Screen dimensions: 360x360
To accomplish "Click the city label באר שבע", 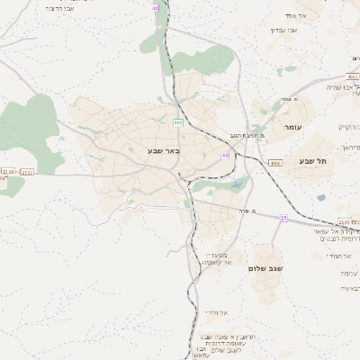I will click(x=164, y=150).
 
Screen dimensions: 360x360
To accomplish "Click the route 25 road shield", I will click(x=284, y=218).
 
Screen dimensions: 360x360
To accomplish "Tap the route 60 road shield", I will click(x=225, y=155).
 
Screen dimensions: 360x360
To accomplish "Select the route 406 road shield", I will click(x=178, y=122).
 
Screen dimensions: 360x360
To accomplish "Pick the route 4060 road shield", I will click(x=275, y=163).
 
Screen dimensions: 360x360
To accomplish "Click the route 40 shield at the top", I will click(x=156, y=7).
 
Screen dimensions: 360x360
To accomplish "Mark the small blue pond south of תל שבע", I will click(x=321, y=197).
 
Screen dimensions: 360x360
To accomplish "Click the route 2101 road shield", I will click(x=346, y=221).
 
